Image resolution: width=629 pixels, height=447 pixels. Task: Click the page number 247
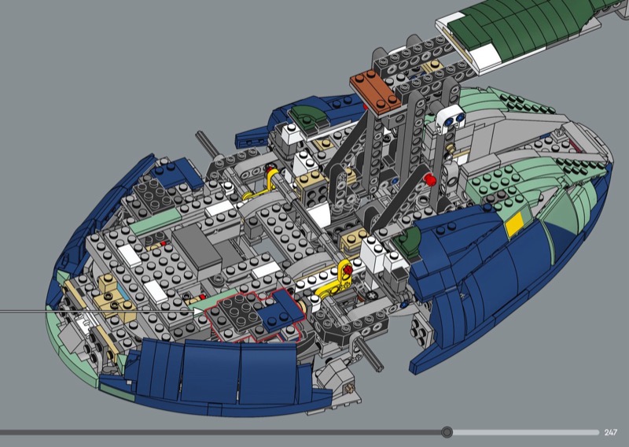click(611, 432)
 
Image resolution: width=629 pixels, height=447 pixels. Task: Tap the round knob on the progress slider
click(447, 432)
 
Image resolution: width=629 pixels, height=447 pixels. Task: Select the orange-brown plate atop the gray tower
click(376, 91)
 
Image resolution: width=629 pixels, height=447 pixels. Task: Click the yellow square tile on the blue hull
click(514, 224)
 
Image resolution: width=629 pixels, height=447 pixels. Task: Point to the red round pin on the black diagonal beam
click(430, 179)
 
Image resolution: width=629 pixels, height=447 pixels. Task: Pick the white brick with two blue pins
click(451, 120)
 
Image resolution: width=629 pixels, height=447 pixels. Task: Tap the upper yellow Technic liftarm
click(263, 186)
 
